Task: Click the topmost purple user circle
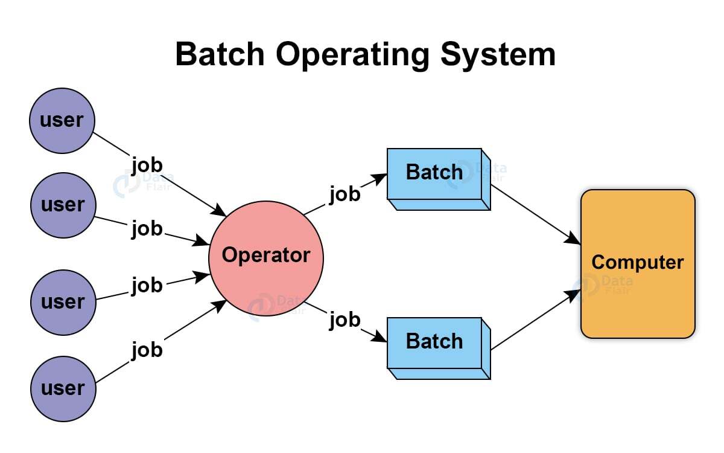[x=62, y=121]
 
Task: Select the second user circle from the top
[x=63, y=205]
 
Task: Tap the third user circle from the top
[x=63, y=301]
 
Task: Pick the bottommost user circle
[x=63, y=388]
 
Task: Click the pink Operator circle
[x=266, y=256]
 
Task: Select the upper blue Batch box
[x=434, y=173]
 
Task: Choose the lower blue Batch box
[x=434, y=342]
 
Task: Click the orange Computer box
[x=638, y=263]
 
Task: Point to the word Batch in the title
[x=220, y=54]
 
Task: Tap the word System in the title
[x=498, y=54]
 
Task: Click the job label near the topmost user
[x=147, y=164]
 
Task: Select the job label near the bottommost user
[x=147, y=349]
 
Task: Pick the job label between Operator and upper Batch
[x=345, y=194]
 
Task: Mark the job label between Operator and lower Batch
[x=345, y=320]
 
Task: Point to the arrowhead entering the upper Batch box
[x=380, y=177]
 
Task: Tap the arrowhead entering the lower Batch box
[x=380, y=339]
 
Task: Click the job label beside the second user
[x=147, y=229]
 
